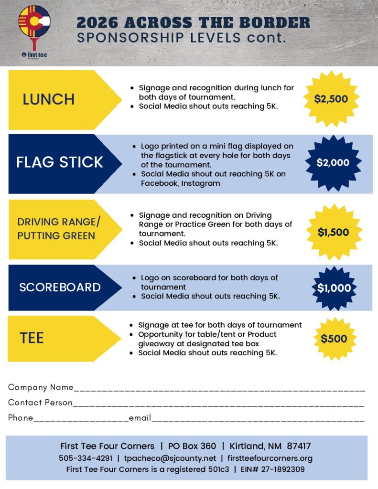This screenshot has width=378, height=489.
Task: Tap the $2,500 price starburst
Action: pos(331,99)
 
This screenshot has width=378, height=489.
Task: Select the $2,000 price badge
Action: pos(333,162)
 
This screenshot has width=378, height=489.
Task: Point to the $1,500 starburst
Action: pos(333,233)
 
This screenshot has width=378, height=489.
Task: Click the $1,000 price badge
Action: pos(334,288)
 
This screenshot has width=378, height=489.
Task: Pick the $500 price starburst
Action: pos(334,339)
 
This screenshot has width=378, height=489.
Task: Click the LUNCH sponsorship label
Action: pos(49,99)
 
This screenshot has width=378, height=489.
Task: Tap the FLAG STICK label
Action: pos(60,162)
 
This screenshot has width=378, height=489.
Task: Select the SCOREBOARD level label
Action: pos(60,287)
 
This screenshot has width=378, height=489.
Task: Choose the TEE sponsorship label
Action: pos(32,338)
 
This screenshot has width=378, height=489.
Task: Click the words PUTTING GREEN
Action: pos(56,236)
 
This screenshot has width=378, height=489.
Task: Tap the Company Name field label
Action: pos(41,387)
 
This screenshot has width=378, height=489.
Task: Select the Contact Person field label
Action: pos(40,403)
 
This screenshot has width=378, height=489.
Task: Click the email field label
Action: pos(140,418)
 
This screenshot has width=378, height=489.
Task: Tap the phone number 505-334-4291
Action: pos(86,458)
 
